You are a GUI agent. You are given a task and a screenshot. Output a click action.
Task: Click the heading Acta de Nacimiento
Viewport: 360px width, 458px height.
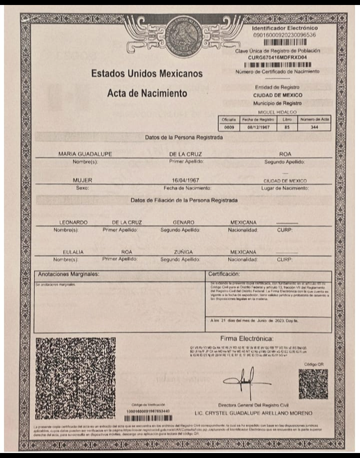point(147,93)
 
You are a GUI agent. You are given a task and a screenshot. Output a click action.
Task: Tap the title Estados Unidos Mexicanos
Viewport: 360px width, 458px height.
point(146,74)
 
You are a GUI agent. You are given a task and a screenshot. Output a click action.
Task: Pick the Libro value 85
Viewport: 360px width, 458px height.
point(286,127)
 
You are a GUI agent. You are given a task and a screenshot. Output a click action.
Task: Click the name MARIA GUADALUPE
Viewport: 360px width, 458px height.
point(85,154)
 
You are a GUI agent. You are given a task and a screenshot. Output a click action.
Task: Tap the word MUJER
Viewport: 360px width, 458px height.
point(82,180)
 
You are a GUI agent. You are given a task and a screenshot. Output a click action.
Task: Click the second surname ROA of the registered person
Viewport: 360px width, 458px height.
point(285,154)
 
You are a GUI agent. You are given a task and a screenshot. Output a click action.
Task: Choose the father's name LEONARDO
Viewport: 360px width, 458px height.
point(73,222)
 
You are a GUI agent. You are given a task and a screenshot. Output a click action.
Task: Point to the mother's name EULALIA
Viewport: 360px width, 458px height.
point(73,252)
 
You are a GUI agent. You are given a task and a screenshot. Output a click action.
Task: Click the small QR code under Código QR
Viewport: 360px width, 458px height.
point(313,384)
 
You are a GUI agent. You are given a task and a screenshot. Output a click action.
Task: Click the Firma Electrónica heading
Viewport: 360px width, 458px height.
point(246,339)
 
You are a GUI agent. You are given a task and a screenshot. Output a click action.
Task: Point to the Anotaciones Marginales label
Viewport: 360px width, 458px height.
point(68,274)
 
